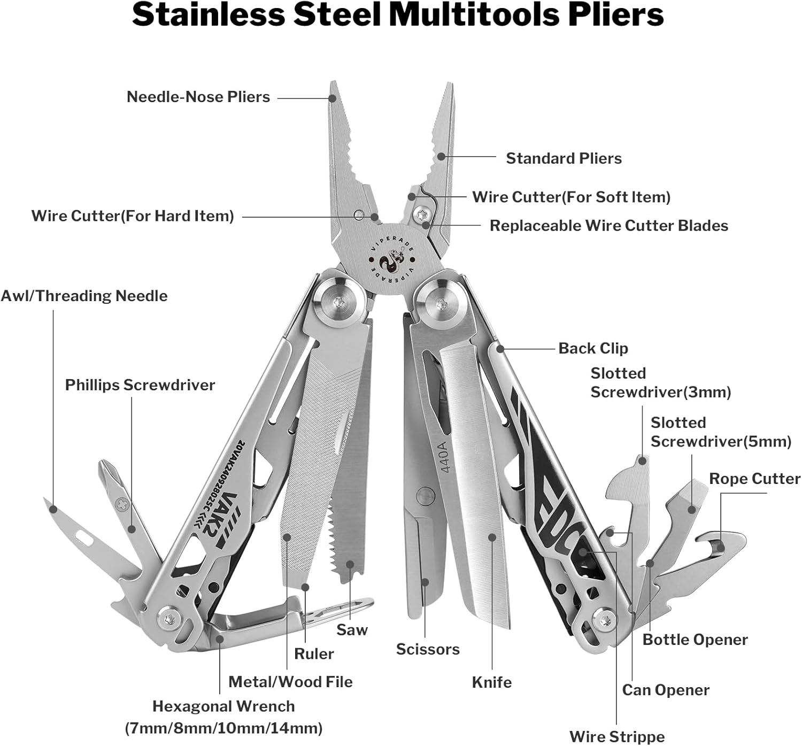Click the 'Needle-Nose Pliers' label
(x=198, y=97)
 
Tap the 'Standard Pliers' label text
(x=564, y=158)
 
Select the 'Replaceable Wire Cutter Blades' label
(x=608, y=226)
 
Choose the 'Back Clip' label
(x=593, y=348)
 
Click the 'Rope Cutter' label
(x=754, y=479)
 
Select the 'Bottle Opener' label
(x=695, y=640)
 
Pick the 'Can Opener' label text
(x=665, y=690)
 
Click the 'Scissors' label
(x=427, y=649)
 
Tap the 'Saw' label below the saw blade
(x=352, y=629)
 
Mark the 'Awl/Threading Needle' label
(x=84, y=296)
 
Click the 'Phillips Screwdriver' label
(x=140, y=385)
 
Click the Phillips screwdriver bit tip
(x=104, y=468)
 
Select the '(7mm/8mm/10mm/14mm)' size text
(x=223, y=728)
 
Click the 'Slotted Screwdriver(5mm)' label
(x=720, y=432)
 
